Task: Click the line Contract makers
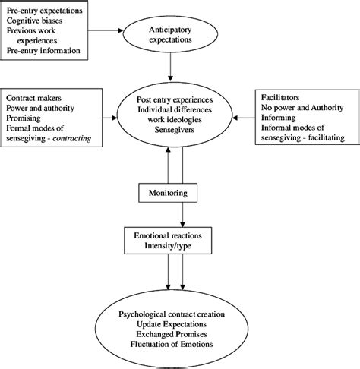(35, 99)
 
